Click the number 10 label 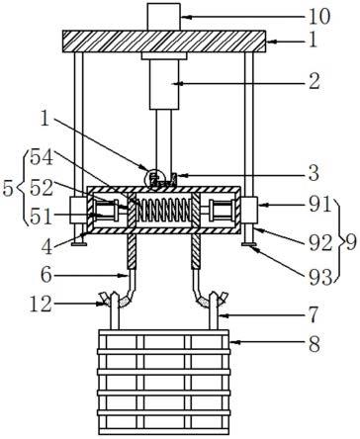tap(318, 17)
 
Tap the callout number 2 tap(314, 81)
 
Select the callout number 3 tap(314, 172)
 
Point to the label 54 tap(42, 157)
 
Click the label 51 tap(42, 217)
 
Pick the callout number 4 tap(46, 246)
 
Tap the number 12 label tap(41, 304)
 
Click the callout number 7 tap(314, 314)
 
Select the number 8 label tap(315, 344)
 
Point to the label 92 tap(320, 243)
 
